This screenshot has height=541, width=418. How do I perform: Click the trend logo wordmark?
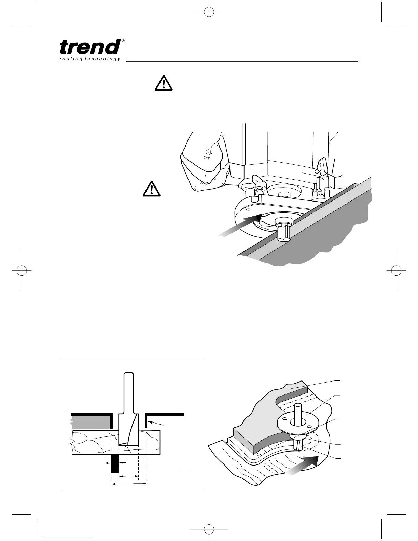point(90,47)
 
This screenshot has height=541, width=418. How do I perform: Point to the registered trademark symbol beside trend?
point(123,41)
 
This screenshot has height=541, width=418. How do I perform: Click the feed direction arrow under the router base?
point(239,225)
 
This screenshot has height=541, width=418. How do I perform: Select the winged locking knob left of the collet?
point(259,181)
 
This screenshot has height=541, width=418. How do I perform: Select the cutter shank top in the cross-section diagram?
point(128,374)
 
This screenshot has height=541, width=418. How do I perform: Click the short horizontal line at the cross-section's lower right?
point(184,472)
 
